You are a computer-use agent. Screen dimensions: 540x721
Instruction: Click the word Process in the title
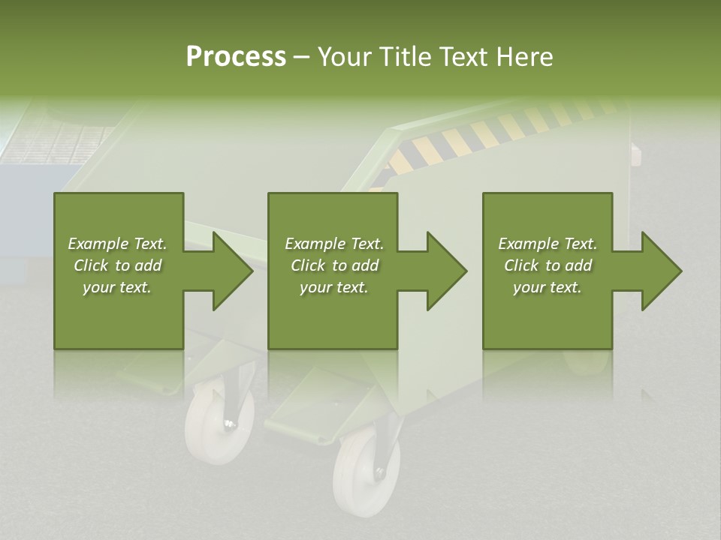236,57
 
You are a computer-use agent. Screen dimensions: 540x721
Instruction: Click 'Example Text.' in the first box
117,244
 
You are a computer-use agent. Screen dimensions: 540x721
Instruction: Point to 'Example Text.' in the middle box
334,244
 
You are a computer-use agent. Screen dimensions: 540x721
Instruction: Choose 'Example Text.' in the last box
548,244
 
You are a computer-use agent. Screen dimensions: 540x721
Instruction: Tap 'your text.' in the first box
117,287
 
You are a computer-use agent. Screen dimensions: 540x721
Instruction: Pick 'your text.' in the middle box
334,287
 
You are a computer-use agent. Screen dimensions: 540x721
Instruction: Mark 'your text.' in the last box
548,287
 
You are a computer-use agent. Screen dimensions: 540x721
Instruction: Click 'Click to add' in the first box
117,265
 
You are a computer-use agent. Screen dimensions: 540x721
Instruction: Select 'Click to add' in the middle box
334,265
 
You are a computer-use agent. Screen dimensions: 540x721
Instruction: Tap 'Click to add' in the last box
548,265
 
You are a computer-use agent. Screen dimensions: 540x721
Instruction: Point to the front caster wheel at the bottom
357,469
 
